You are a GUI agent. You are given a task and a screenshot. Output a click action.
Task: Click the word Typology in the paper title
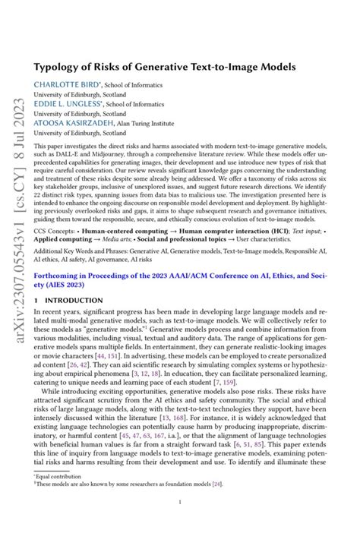[80, 67]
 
